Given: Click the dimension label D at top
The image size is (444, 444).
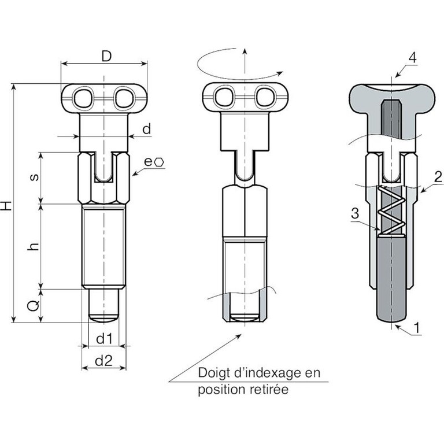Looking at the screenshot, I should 105,56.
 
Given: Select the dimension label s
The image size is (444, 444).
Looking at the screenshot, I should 34,177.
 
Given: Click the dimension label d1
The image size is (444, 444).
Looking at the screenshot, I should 103,336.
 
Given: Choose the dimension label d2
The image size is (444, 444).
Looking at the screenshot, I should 103,361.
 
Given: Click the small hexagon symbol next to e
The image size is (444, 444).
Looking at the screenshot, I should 159,163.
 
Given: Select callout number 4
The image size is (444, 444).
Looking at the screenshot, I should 412,57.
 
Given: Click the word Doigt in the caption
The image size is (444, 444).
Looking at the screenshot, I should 214,373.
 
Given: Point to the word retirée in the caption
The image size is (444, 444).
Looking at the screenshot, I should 267,390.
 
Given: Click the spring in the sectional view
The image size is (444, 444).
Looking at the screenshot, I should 391,212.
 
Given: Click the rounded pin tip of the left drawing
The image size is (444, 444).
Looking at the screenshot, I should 103,317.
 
